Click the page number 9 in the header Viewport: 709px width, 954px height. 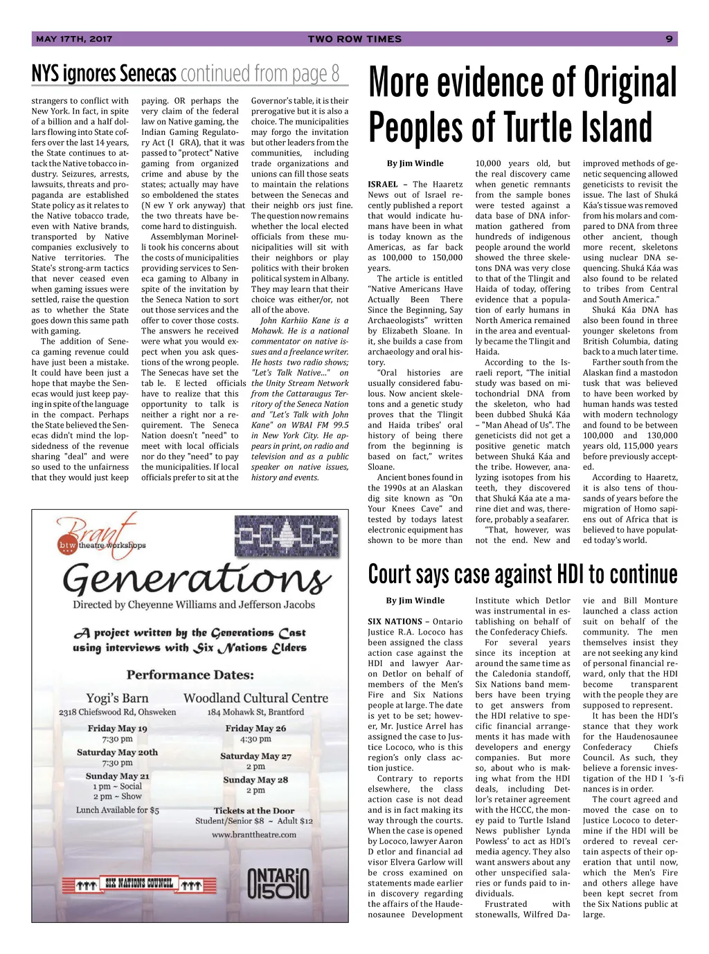(669, 39)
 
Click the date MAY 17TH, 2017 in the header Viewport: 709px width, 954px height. (74, 39)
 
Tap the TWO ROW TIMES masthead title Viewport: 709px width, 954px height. (354, 39)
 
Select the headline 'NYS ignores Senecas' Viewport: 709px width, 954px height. (104, 73)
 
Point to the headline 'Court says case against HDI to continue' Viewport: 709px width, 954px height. (523, 574)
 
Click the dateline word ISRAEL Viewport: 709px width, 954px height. (383, 185)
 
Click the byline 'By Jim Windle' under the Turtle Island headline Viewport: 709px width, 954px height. (415, 164)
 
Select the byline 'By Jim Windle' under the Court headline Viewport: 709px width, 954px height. (415, 600)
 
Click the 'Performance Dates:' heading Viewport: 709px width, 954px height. (190, 675)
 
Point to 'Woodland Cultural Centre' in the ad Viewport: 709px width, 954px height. (255, 698)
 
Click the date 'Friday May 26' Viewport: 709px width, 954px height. (255, 728)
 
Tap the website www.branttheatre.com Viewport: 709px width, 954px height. (254, 834)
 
